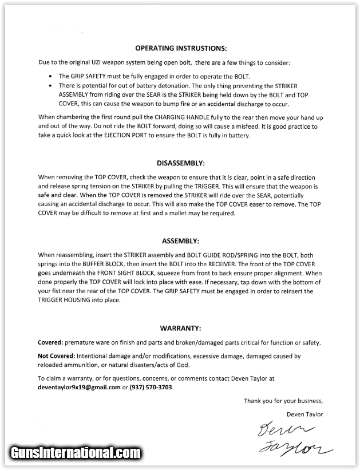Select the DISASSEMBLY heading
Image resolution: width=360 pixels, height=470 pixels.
[181, 162]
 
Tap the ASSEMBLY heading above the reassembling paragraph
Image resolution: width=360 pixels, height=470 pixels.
[181, 242]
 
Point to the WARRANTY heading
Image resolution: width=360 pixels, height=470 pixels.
[181, 328]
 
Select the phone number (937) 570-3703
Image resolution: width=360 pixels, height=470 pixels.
[151, 388]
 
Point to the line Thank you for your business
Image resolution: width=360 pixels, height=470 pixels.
[283, 401]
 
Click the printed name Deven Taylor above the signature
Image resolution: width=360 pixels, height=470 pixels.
[304, 414]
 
